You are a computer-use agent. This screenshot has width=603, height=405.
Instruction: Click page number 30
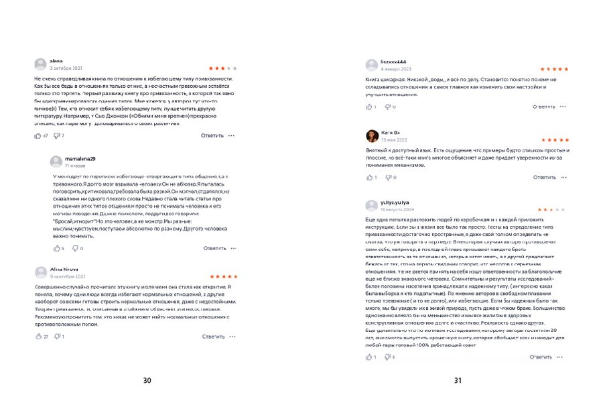point(147,381)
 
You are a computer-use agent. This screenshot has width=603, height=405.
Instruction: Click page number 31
point(458,381)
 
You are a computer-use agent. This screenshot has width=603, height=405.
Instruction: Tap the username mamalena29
point(80,158)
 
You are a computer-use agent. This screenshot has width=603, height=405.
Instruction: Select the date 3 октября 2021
point(66,68)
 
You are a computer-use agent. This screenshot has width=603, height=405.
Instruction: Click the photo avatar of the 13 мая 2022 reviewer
point(371,136)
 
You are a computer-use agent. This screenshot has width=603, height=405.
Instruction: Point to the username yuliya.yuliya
point(395,202)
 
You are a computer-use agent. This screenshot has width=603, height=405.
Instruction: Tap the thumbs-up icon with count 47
point(38,135)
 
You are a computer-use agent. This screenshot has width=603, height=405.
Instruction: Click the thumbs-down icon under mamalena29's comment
point(74,248)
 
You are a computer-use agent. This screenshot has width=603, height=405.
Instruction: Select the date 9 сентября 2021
point(68,276)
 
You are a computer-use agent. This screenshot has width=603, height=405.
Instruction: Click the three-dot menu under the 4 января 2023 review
point(564,107)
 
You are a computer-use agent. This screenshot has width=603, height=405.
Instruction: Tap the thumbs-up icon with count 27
point(38,336)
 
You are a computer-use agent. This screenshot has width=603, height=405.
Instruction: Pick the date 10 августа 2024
point(398,210)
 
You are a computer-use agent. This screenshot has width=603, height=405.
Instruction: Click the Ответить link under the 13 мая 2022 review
point(545,177)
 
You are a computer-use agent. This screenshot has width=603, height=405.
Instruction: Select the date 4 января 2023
point(396,69)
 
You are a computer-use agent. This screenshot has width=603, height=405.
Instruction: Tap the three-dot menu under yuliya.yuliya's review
point(564,357)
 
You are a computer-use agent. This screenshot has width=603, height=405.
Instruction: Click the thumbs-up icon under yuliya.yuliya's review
point(368,357)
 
